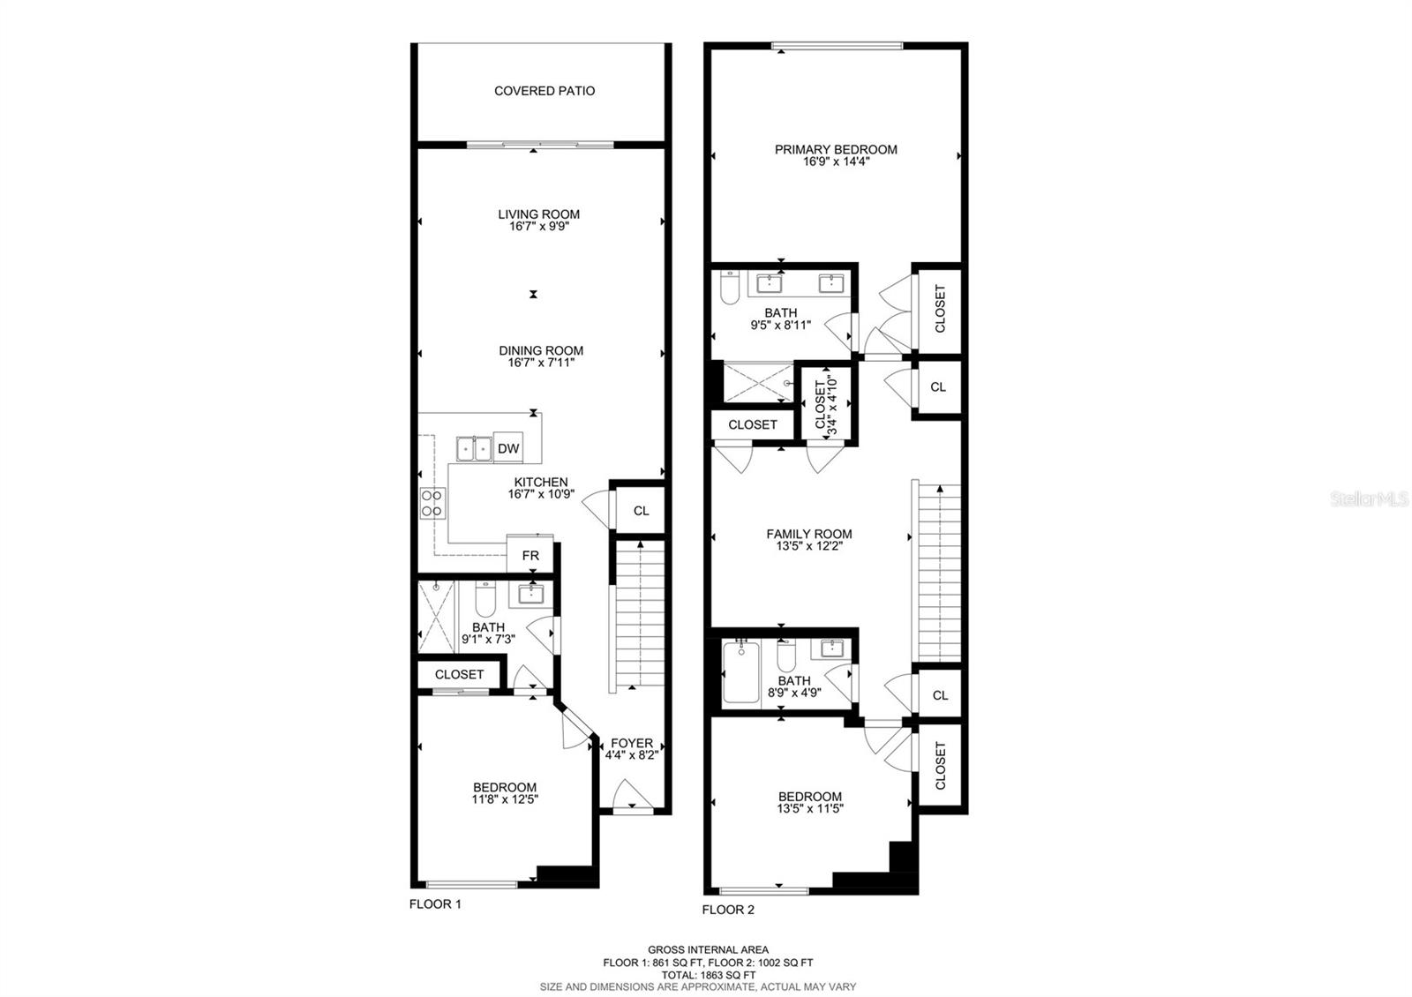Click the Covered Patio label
pyautogui.click(x=544, y=91)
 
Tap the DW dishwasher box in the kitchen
pyautogui.click(x=508, y=447)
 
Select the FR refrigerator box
pyautogui.click(x=530, y=555)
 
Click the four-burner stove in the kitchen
pyautogui.click(x=432, y=503)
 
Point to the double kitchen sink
pyautogui.click(x=474, y=449)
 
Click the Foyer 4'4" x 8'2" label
pyautogui.click(x=631, y=749)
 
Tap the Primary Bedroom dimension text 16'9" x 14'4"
pyautogui.click(x=836, y=161)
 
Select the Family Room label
pyautogui.click(x=808, y=534)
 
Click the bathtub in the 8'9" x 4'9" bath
pyautogui.click(x=740, y=671)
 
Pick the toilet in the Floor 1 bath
pyautogui.click(x=484, y=599)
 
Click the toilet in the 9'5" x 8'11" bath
pyautogui.click(x=730, y=288)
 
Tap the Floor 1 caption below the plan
pyautogui.click(x=435, y=904)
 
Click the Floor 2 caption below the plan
pyautogui.click(x=728, y=910)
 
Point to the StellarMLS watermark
pyautogui.click(x=1369, y=499)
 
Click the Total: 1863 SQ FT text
pyautogui.click(x=708, y=974)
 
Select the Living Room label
pyautogui.click(x=538, y=214)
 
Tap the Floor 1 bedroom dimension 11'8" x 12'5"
pyautogui.click(x=504, y=799)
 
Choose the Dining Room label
pyautogui.click(x=541, y=350)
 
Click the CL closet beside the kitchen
pyautogui.click(x=641, y=511)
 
